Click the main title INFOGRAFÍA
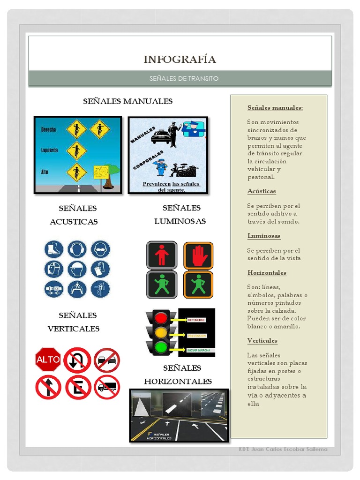coord(180,60)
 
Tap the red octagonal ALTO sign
coord(48,360)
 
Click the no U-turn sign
coord(77,360)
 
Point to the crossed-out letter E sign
coord(78,387)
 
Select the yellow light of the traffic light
coord(161,333)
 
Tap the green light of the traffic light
coord(161,347)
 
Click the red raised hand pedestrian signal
coord(198,255)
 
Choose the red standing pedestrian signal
coord(162,255)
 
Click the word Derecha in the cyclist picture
coord(49,129)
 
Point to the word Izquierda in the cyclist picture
coord(50,150)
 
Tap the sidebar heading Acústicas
coord(262,191)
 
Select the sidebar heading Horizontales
coord(267,273)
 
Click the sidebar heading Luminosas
coord(264,236)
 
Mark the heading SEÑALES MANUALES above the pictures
coord(127,101)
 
